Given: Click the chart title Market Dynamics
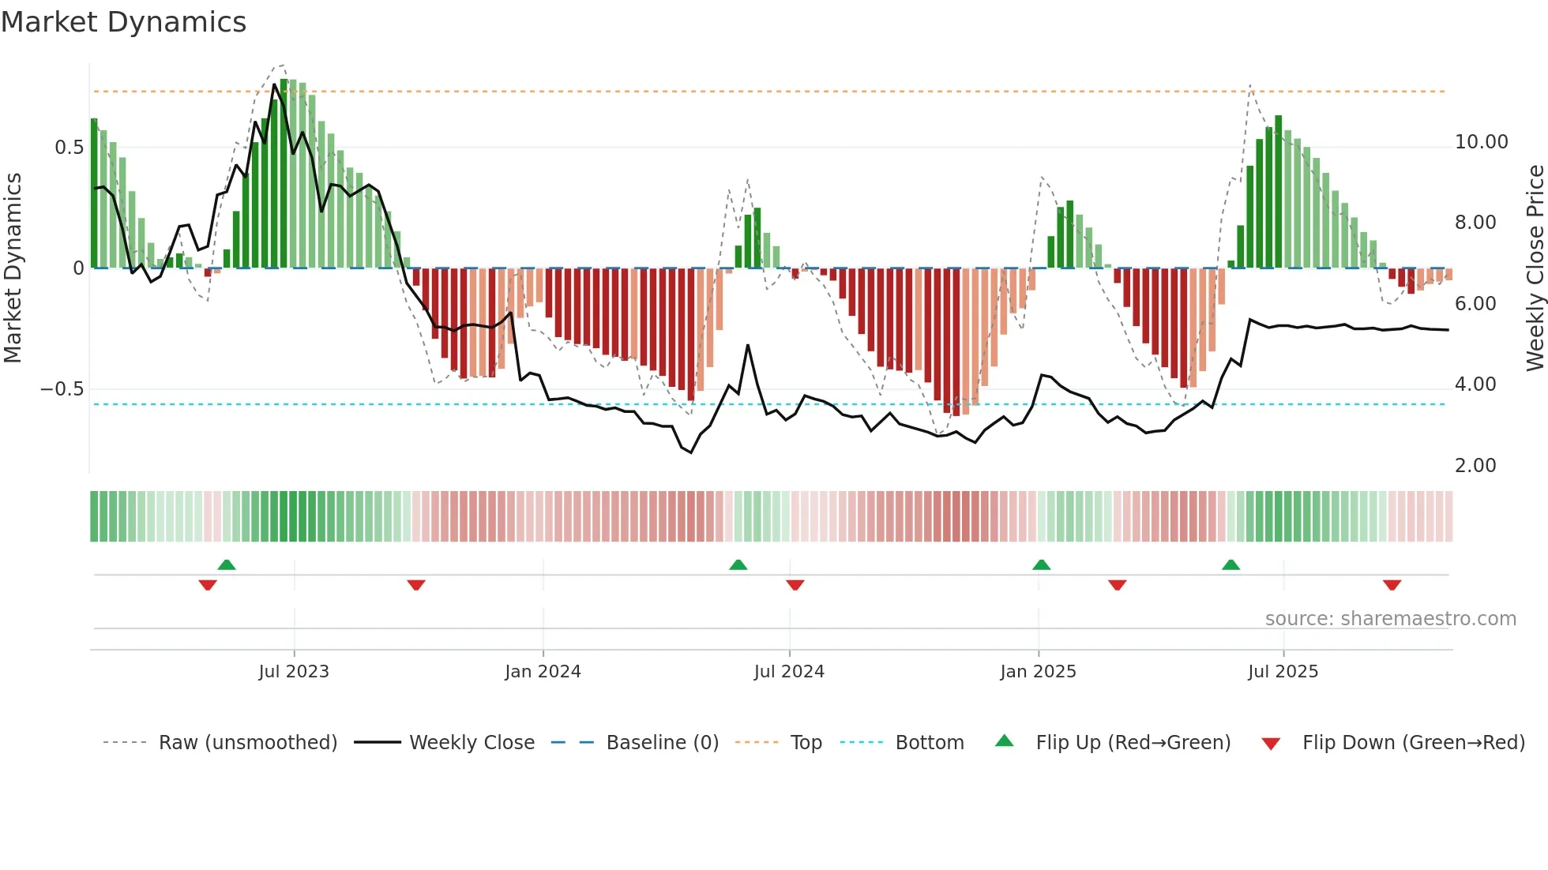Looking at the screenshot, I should coord(123,22).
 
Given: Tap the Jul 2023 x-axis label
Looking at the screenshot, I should coord(294,672).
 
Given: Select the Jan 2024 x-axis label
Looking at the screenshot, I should coord(543,672).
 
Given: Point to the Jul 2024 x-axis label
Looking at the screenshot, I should coord(789,672).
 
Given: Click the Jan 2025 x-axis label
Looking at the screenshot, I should coord(1038,672).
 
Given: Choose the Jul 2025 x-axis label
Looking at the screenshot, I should coord(1283,672).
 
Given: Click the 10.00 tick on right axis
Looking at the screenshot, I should coord(1481,142).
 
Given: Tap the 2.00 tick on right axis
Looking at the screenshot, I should coord(1475,466).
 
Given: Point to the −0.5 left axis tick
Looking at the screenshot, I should coord(62,389).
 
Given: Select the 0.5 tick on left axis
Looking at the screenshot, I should coord(69,148).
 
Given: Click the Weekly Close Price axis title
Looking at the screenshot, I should coord(1535,268).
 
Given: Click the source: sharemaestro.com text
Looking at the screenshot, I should coord(1390,619).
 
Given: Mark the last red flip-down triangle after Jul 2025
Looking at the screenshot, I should coord(1392,585).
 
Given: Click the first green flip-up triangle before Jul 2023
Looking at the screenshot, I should coord(227,564).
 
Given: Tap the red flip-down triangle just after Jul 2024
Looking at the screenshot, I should coord(795,585).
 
